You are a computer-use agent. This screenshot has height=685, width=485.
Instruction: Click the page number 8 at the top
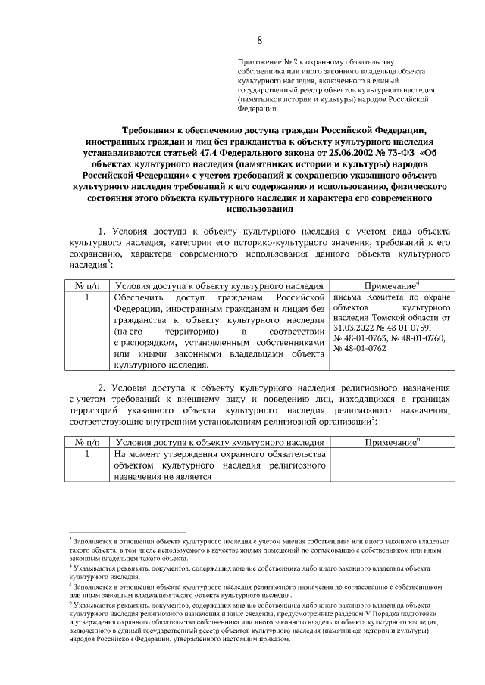coord(260,40)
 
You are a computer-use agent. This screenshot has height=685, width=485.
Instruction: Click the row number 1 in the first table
coord(88,299)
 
